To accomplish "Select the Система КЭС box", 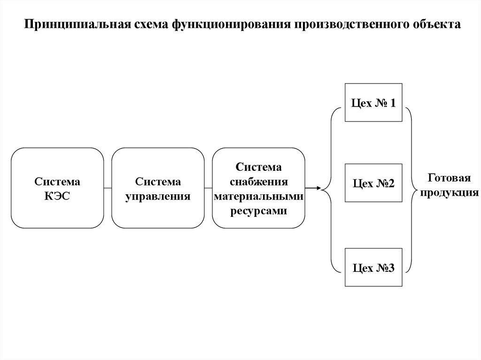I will click(x=57, y=188).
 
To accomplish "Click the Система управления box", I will click(x=158, y=188).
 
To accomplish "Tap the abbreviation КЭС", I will click(x=57, y=196).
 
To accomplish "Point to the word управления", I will click(x=158, y=196).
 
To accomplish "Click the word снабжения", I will click(x=258, y=182).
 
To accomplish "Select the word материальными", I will click(x=258, y=196).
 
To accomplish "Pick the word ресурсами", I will click(x=258, y=211).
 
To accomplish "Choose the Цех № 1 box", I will click(x=373, y=102).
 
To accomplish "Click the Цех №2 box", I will click(x=373, y=183).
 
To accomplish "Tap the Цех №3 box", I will click(x=373, y=268).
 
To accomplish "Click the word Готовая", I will click(x=449, y=178).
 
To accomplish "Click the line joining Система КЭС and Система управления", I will click(x=108, y=188).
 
